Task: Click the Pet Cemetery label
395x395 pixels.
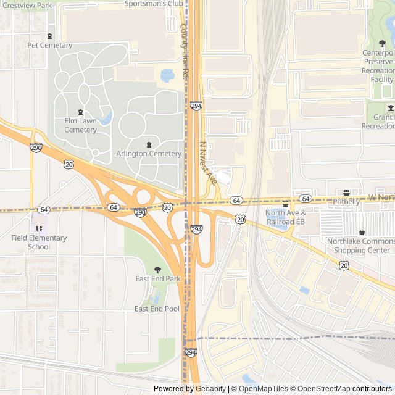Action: (x=50, y=45)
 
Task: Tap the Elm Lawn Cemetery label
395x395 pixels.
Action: (x=80, y=126)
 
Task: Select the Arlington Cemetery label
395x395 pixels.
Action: (x=148, y=154)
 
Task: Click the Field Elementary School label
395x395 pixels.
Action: (x=39, y=242)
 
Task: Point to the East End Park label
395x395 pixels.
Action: (x=158, y=279)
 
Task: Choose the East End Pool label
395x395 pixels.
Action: (x=157, y=309)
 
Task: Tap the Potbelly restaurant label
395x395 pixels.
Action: (x=346, y=202)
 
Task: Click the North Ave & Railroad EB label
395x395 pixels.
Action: (x=285, y=217)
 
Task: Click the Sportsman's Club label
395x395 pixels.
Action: (x=154, y=3)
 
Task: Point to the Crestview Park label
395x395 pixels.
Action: (x=27, y=5)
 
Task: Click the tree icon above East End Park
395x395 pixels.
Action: (x=157, y=269)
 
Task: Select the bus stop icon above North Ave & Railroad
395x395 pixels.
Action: (x=285, y=204)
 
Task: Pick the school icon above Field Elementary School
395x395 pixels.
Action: (x=39, y=228)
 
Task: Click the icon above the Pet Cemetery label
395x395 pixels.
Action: (x=50, y=35)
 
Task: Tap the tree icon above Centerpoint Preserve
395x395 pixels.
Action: (x=382, y=43)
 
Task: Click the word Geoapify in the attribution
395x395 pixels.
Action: (x=210, y=389)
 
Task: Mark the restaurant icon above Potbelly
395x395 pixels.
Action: (x=346, y=193)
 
